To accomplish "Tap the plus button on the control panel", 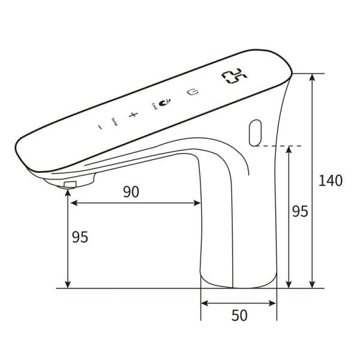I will [x=133, y=114].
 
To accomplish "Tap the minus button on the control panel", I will [x=100, y=127].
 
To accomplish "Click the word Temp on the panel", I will [x=115, y=123].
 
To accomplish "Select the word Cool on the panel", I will [x=154, y=107].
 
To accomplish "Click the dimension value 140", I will [x=331, y=180].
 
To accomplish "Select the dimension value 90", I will [x=131, y=191].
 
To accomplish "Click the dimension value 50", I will [x=239, y=316].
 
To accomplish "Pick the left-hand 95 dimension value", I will [x=80, y=236].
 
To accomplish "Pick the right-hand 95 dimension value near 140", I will [x=299, y=211].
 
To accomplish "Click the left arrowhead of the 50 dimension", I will [x=203, y=303].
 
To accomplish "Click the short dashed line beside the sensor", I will [x=283, y=146].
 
